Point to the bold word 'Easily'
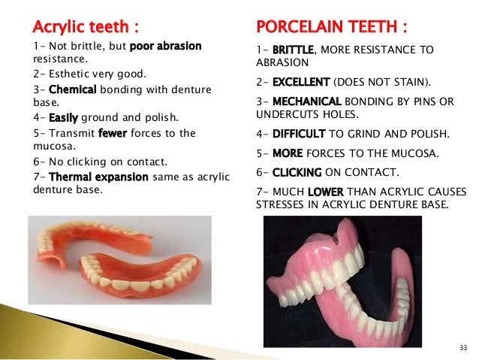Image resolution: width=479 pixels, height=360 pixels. pyautogui.click(x=64, y=118)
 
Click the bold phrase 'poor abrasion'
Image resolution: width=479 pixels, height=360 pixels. pyautogui.click(x=166, y=46)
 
